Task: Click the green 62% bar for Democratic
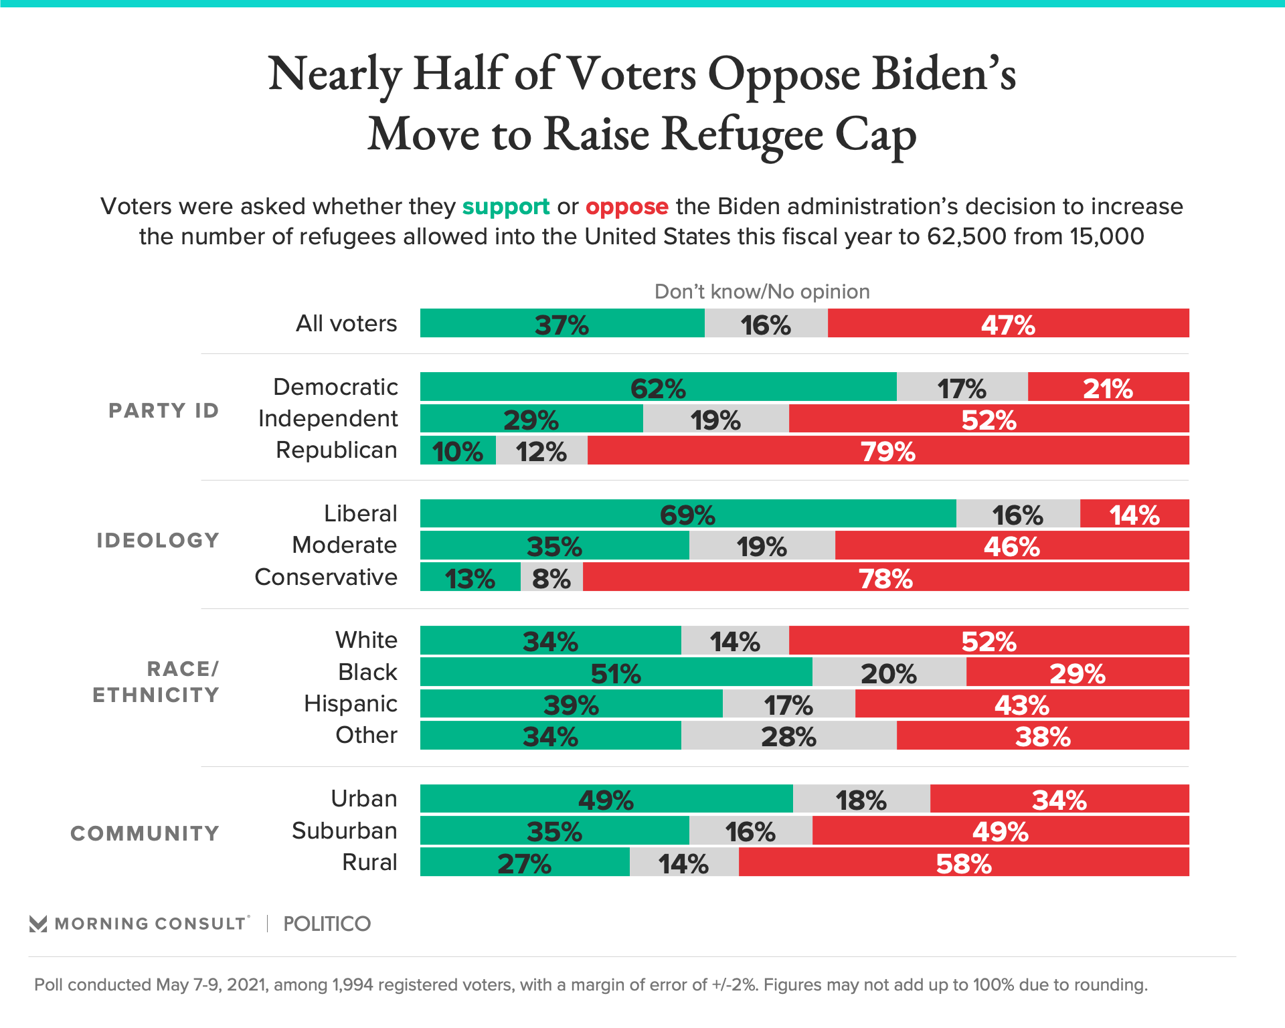click(658, 387)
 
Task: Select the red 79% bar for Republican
click(887, 450)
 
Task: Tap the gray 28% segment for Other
click(788, 736)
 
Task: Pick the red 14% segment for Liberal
click(1134, 514)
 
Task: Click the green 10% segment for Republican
click(458, 450)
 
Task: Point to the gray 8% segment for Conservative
click(551, 577)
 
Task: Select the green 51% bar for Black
click(616, 672)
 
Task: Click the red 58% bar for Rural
click(964, 862)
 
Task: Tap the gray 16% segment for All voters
click(766, 323)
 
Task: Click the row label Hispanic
click(351, 703)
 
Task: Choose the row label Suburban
click(345, 831)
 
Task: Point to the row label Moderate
click(345, 545)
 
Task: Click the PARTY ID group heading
click(164, 410)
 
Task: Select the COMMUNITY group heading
click(145, 833)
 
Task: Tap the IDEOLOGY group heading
click(158, 540)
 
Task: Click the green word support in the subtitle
click(505, 207)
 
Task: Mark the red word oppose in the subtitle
click(626, 207)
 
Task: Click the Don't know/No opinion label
click(762, 292)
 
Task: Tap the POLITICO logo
click(327, 924)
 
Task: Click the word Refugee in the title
click(742, 134)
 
